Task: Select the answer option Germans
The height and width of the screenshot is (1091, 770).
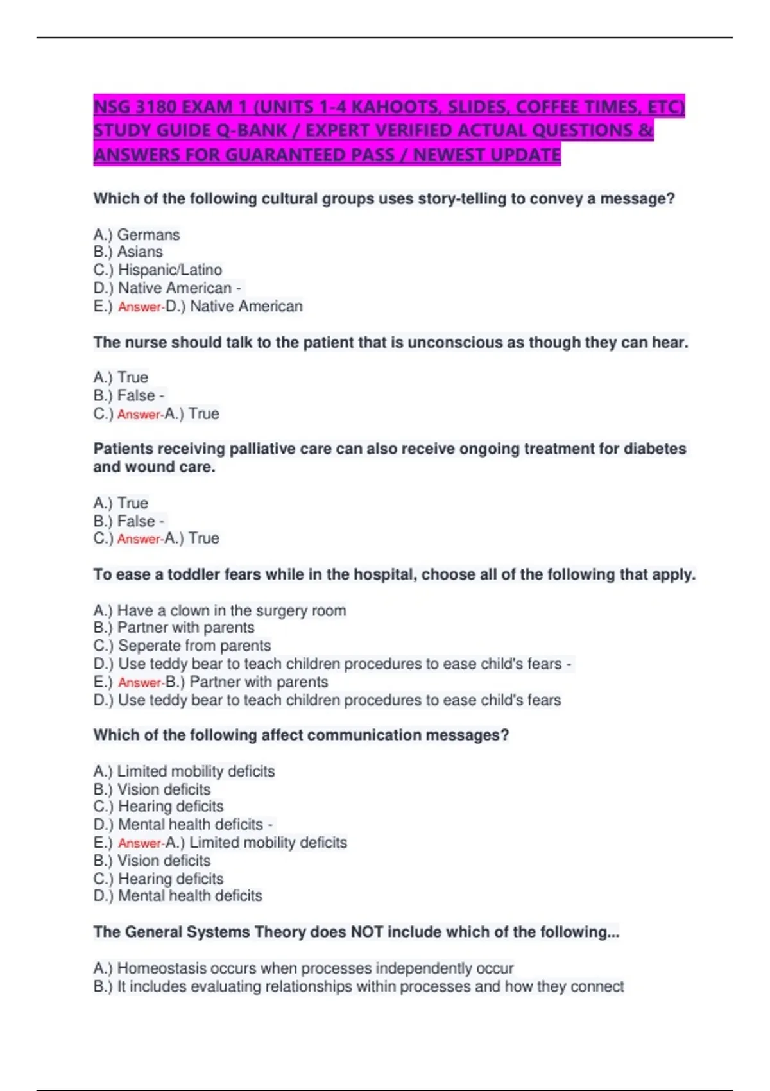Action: click(x=148, y=235)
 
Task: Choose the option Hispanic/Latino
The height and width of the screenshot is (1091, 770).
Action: click(x=170, y=270)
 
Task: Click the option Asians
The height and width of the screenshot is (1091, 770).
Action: click(x=140, y=252)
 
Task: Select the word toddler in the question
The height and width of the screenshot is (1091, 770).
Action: click(x=195, y=574)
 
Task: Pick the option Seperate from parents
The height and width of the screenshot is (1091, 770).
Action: click(x=194, y=646)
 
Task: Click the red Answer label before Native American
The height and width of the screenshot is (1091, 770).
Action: click(x=140, y=307)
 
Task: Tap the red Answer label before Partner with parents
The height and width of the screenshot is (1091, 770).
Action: click(x=140, y=683)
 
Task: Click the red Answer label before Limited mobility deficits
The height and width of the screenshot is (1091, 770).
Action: click(x=140, y=843)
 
